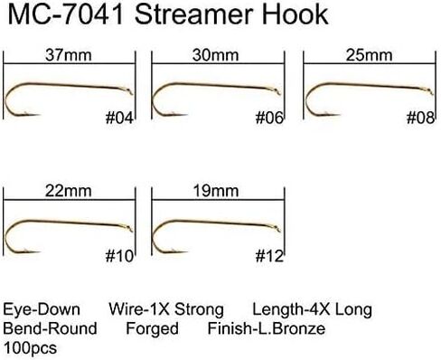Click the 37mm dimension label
tap(68, 55)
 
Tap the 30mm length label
tap(215, 55)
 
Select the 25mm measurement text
tap(369, 55)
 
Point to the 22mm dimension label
tap(68, 191)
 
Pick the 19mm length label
tap(216, 191)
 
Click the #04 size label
tap(119, 118)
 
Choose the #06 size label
tap(269, 118)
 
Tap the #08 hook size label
tap(420, 118)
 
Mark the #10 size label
tap(119, 256)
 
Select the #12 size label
tap(269, 256)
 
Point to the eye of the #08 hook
tap(430, 91)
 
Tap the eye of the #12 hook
tap(277, 229)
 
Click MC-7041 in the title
tap(66, 14)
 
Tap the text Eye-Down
tap(42, 309)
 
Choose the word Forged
tap(152, 328)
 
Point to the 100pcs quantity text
tap(30, 348)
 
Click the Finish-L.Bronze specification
tap(267, 328)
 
